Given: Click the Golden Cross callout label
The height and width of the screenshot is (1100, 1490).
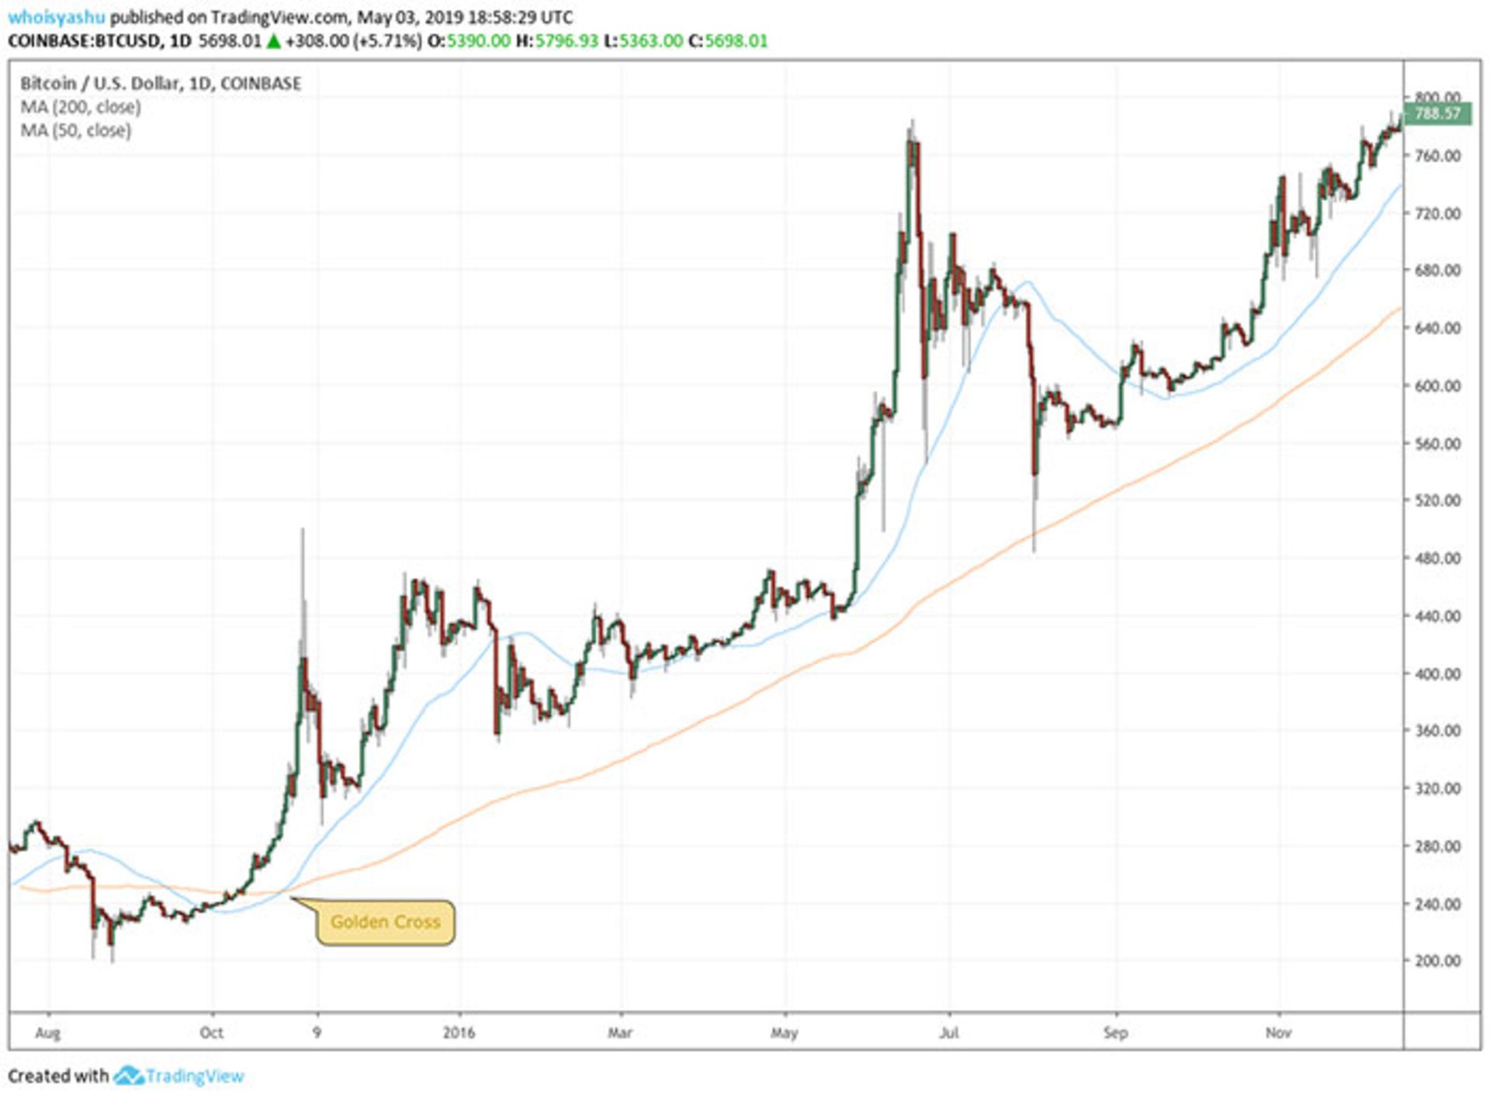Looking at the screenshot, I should [x=385, y=922].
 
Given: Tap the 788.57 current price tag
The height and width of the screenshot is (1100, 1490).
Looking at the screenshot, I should [x=1437, y=114].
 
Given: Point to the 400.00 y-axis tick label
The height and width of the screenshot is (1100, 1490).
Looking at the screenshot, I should [x=1437, y=673].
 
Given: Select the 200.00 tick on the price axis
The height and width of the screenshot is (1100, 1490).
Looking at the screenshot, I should [x=1437, y=960].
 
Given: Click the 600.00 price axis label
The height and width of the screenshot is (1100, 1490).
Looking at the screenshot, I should [x=1437, y=386].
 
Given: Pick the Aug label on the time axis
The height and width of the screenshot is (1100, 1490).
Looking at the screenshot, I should [x=48, y=1033].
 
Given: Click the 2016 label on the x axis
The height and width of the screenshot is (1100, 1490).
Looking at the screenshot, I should [x=459, y=1033].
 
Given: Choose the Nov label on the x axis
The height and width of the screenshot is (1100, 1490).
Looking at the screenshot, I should [x=1278, y=1033].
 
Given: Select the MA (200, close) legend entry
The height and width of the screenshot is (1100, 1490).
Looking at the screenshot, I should [x=81, y=107].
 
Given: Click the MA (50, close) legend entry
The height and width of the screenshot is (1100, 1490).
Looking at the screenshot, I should [x=76, y=130].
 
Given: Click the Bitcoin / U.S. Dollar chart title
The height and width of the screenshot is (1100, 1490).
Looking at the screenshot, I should [x=160, y=83].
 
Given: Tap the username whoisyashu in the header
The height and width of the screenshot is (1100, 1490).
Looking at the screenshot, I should [x=56, y=17].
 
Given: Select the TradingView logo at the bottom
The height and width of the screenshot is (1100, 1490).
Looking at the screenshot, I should [x=180, y=1076].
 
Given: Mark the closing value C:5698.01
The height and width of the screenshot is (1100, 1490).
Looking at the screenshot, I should [x=728, y=41].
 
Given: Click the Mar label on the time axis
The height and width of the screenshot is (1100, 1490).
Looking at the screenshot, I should [x=620, y=1033].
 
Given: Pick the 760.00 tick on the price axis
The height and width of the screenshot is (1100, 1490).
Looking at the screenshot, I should [x=1437, y=156].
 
